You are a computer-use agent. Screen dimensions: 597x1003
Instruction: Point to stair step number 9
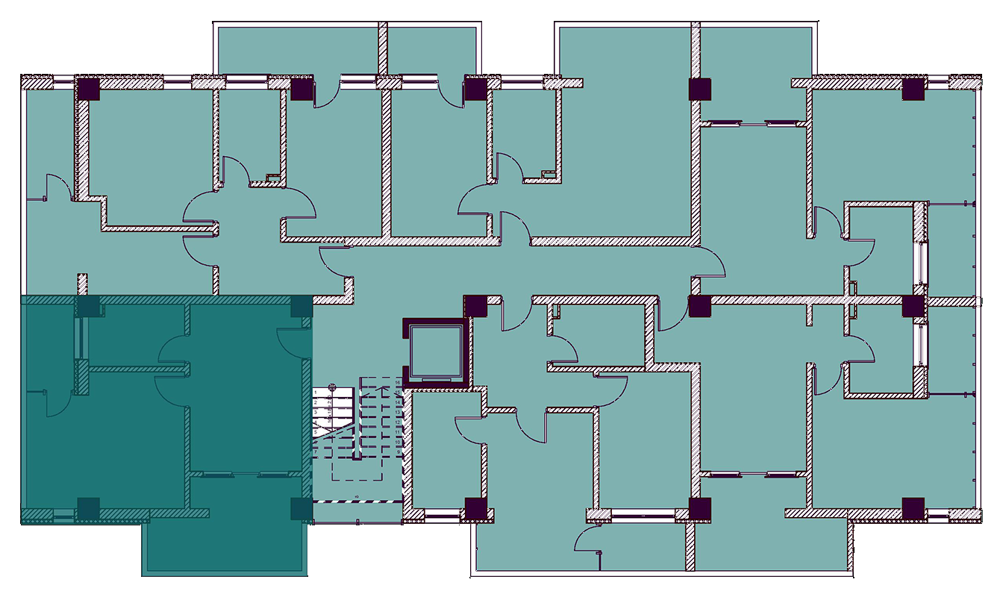(400, 451)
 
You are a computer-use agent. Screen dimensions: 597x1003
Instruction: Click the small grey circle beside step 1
(333, 387)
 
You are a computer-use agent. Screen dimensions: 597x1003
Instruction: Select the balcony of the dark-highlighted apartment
(224, 548)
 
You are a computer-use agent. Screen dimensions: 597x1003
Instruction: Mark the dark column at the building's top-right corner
(913, 90)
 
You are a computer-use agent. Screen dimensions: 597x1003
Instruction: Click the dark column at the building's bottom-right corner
(913, 508)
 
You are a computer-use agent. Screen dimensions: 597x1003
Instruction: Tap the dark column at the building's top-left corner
(88, 89)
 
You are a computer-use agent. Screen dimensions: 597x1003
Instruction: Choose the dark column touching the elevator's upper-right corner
(475, 306)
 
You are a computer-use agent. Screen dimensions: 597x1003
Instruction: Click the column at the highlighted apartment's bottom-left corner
(88, 508)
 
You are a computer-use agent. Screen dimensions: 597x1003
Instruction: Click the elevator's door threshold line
(436, 381)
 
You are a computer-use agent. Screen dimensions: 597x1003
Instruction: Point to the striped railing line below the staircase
(357, 501)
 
